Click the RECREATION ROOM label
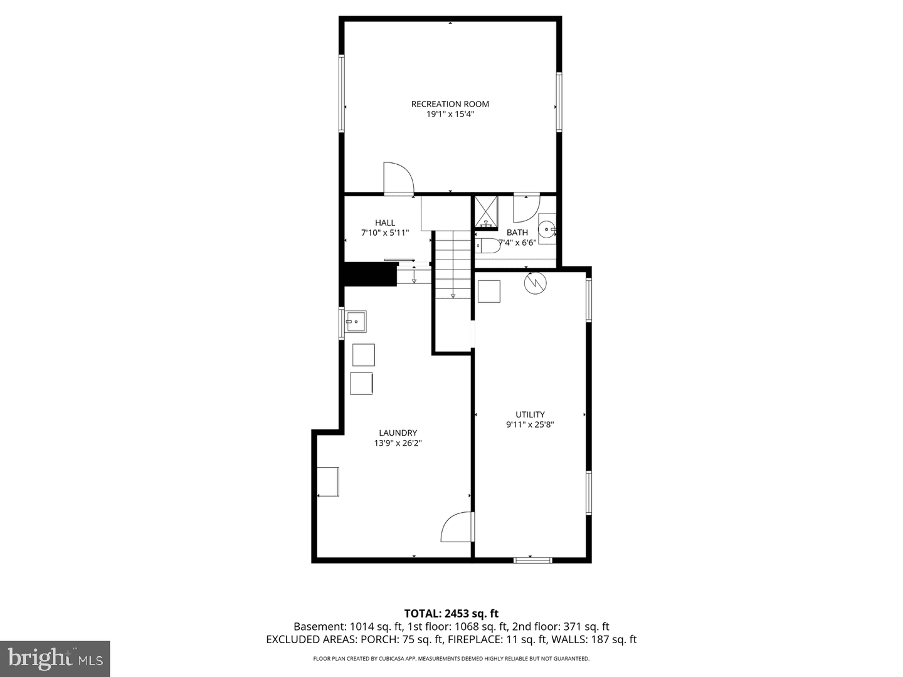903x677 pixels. coord(450,104)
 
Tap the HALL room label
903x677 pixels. coord(385,223)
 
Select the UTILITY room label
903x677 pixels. coord(530,414)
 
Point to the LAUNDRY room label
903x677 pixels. coord(398,433)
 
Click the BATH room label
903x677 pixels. coord(517,233)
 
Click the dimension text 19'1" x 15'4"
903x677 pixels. coord(450,114)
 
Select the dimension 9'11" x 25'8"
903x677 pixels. coord(530,424)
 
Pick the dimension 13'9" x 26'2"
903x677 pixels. coord(398,443)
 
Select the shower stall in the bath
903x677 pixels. coord(486,212)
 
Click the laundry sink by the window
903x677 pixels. coord(356,322)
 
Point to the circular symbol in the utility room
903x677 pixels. coord(536,283)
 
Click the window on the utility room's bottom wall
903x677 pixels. coord(533,559)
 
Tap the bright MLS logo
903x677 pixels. coord(55,659)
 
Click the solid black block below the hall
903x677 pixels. coord(370,274)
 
